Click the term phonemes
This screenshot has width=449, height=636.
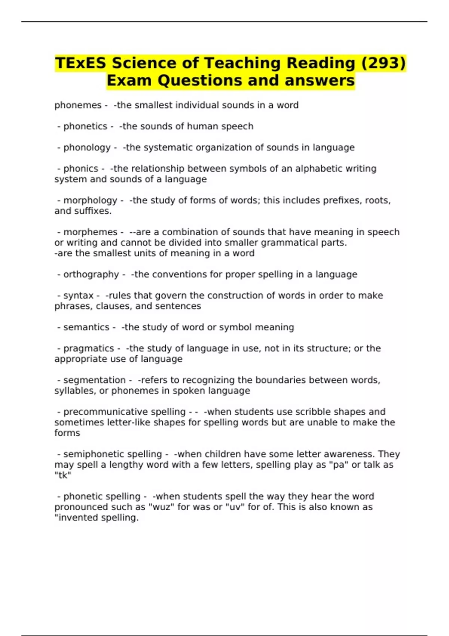click(78, 106)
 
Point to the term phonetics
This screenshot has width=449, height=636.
click(85, 126)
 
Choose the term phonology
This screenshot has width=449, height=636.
click(87, 148)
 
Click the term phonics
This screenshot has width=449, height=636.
click(81, 169)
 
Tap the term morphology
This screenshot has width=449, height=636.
click(90, 201)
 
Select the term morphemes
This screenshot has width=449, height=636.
click(90, 232)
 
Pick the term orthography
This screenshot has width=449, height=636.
click(91, 275)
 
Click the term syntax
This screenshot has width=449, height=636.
click(79, 296)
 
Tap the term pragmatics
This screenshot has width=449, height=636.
click(89, 348)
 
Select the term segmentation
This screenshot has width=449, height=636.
click(94, 380)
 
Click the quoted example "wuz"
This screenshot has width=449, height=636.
click(162, 507)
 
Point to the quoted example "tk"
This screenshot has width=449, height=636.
click(63, 475)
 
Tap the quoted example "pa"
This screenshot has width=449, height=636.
click(338, 465)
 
